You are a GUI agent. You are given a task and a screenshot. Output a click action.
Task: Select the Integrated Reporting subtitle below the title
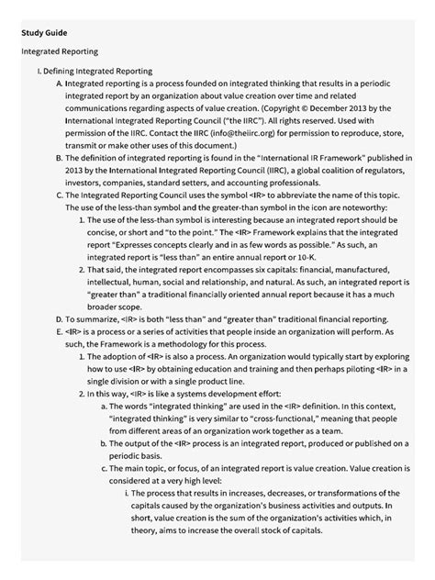(60, 52)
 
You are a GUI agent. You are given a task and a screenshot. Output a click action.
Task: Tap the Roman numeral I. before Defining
(38, 71)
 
